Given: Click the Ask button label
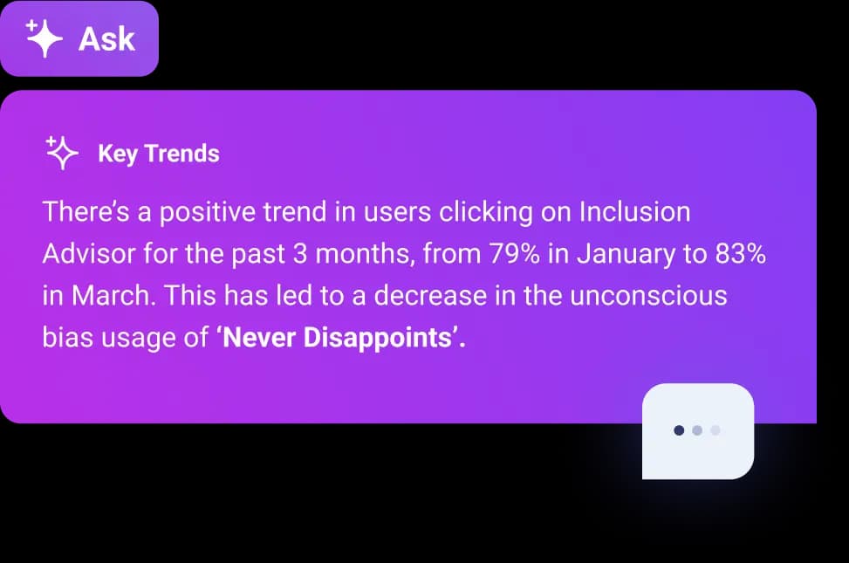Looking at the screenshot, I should click(106, 39).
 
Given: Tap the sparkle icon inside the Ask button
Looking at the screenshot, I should click(44, 38).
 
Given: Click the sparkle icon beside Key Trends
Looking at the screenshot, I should click(62, 154).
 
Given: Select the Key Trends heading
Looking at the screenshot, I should click(158, 154).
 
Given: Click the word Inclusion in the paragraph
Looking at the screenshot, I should click(634, 212).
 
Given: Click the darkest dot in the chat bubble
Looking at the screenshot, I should click(679, 430).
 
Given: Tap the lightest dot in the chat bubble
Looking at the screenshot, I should click(715, 430).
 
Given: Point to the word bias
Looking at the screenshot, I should click(67, 337).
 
